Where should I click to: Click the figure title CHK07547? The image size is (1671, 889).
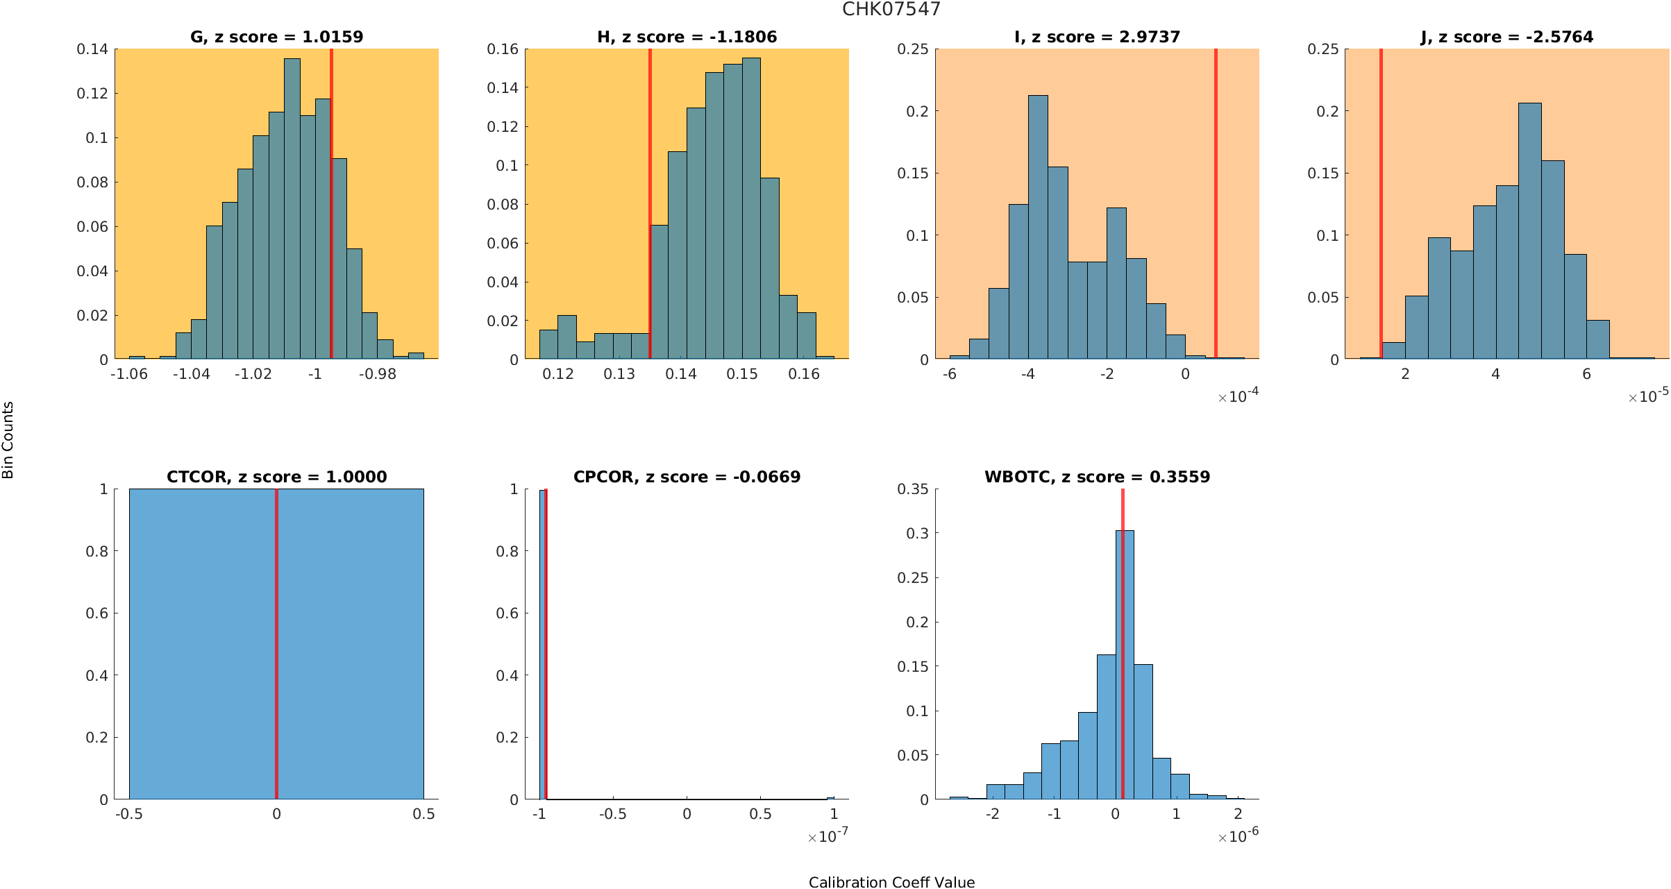click(891, 9)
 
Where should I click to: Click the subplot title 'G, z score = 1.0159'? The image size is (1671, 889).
click(276, 37)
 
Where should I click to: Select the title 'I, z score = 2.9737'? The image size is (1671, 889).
click(1097, 37)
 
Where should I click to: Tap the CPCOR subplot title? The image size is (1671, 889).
click(687, 477)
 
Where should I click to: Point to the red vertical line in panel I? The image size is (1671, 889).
click(1216, 208)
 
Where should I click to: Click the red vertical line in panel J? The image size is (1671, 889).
click(1381, 208)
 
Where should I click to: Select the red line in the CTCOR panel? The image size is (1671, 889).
click(276, 645)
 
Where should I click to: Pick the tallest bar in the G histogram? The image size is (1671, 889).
click(292, 208)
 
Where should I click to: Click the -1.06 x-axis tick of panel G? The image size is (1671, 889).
click(129, 374)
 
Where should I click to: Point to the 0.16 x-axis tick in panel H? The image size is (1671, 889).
click(804, 374)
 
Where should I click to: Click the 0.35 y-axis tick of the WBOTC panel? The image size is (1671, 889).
click(912, 489)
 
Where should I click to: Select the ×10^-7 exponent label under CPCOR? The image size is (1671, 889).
click(828, 836)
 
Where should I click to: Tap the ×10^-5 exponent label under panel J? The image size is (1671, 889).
click(1648, 396)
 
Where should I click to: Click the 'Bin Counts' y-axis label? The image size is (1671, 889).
click(8, 440)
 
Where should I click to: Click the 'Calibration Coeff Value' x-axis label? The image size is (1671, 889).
click(891, 882)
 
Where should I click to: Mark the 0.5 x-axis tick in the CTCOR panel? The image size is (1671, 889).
click(423, 814)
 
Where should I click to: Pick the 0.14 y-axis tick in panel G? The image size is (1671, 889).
click(92, 49)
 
